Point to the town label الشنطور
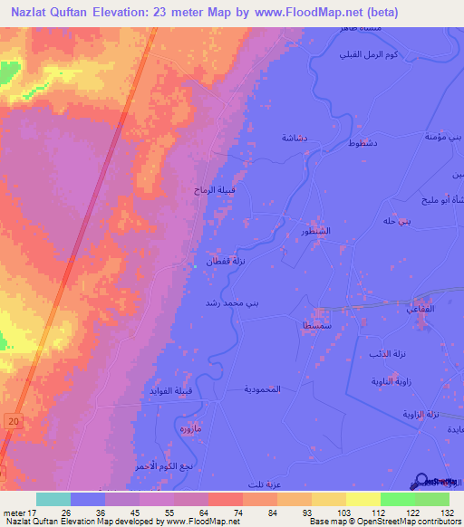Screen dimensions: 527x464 point(315,232)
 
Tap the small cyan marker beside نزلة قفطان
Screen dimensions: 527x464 point(195,266)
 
